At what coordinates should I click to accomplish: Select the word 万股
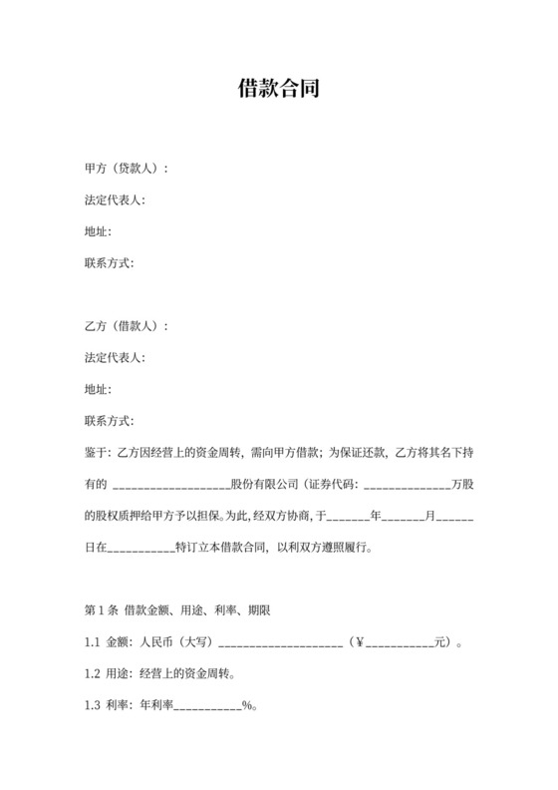click(462, 485)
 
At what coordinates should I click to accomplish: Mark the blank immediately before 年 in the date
click(348, 518)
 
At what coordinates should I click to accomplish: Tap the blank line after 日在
click(139, 550)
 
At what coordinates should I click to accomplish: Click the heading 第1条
click(103, 610)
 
